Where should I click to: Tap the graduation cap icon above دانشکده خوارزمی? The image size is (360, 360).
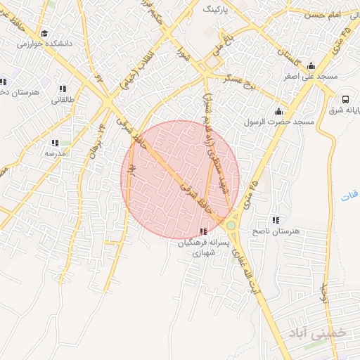tap(44, 33)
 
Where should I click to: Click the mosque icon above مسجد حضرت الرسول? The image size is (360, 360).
tap(279, 111)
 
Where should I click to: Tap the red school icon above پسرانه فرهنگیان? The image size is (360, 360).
tap(203, 231)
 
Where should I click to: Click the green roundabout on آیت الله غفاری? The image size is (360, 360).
tap(231, 226)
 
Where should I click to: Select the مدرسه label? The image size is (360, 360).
tap(55, 153)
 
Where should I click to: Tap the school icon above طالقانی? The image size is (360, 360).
tap(63, 89)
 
